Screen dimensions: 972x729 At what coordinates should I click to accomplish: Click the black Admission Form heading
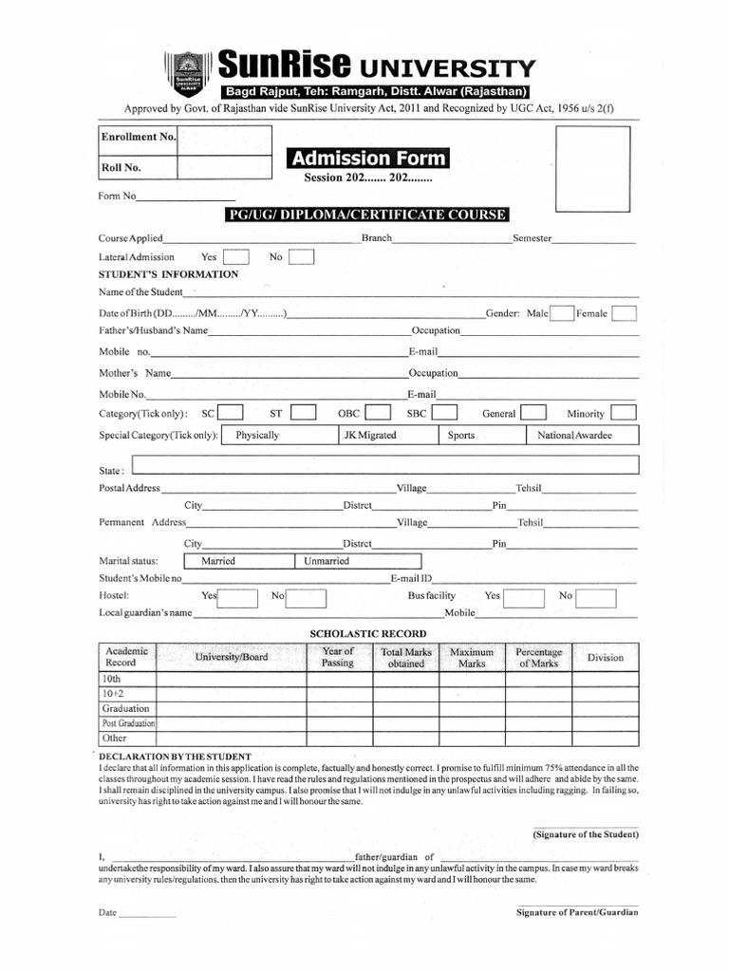tap(368, 158)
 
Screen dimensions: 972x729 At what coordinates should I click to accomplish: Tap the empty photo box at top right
tap(592, 168)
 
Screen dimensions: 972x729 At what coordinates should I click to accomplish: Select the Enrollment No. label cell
tap(138, 137)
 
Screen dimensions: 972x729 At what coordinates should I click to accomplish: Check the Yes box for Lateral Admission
tap(236, 257)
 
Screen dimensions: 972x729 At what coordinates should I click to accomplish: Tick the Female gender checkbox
tap(624, 314)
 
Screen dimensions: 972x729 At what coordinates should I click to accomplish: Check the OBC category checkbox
tap(378, 413)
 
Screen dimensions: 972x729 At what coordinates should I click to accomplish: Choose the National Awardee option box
tap(581, 436)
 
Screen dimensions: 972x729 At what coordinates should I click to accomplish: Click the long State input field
tap(384, 464)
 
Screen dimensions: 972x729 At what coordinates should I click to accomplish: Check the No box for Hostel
tap(308, 597)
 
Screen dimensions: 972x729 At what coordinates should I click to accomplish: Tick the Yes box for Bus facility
tap(524, 597)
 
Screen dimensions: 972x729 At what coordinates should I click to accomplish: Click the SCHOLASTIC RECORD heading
tap(368, 633)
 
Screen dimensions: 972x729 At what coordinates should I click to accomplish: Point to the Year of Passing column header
tap(337, 657)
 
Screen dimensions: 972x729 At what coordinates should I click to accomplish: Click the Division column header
tap(605, 657)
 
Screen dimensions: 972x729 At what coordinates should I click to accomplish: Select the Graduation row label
tap(126, 709)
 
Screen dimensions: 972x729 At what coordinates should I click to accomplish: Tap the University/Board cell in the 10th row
tap(231, 680)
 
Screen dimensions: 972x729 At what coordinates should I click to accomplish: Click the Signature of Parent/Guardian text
tap(576, 912)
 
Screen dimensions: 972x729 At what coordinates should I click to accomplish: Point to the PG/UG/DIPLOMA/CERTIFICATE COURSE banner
tap(366, 215)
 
